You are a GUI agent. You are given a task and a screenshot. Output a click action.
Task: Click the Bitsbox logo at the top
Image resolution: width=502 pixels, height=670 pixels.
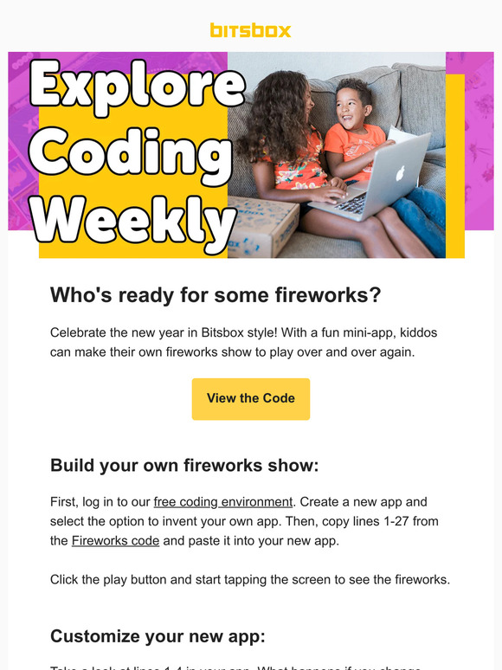coord(250,30)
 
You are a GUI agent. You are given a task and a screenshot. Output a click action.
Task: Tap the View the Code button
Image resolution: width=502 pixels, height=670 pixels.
coord(250,398)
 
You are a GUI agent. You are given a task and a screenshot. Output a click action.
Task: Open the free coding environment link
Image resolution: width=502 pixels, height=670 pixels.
coord(223,502)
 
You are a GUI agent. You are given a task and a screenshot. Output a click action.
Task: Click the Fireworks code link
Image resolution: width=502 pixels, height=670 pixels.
coord(115,541)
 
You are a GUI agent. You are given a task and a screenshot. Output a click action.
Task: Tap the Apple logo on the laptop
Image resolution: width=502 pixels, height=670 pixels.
coord(401,172)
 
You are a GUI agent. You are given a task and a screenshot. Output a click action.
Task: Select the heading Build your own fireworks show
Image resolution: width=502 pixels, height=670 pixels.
coord(184,466)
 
